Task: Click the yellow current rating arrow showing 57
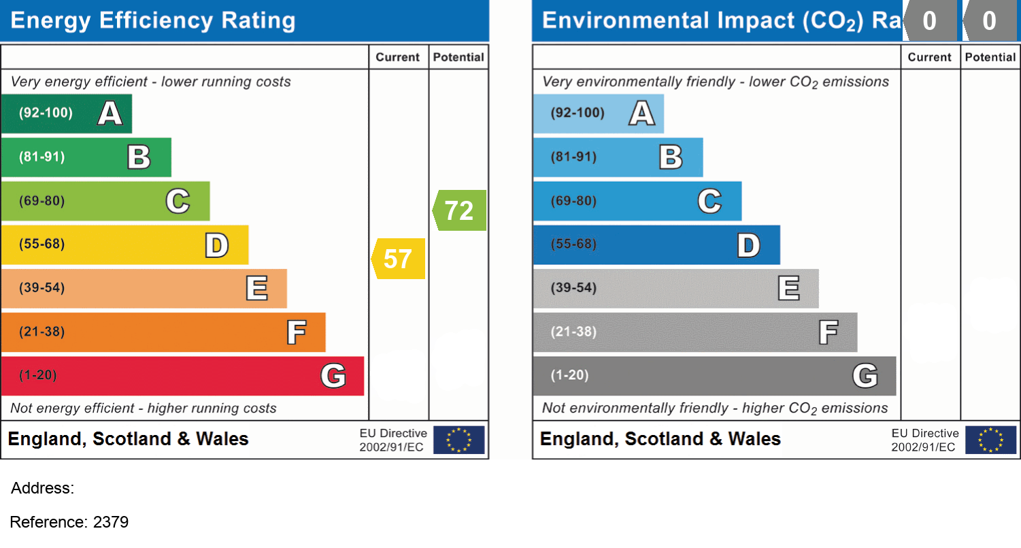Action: click(399, 259)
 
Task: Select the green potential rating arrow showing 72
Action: click(460, 210)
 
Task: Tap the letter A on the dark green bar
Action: click(110, 113)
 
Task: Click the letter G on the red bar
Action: click(333, 376)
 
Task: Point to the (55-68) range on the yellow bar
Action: click(42, 244)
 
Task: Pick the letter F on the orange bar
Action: click(296, 332)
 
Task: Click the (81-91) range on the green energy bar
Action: click(42, 157)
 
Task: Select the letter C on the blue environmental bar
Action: click(709, 201)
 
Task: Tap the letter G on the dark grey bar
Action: click(865, 376)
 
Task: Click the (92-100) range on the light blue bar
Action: click(578, 113)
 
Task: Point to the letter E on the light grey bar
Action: click(788, 289)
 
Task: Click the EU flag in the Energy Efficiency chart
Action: click(459, 440)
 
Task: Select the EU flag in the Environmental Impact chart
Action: click(991, 440)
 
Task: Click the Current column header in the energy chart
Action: click(398, 57)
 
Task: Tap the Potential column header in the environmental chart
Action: click(990, 57)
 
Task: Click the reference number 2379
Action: click(111, 522)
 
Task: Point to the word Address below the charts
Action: click(42, 488)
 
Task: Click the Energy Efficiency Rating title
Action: click(153, 20)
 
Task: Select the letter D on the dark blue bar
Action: click(748, 245)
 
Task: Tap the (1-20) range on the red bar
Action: click(38, 376)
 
